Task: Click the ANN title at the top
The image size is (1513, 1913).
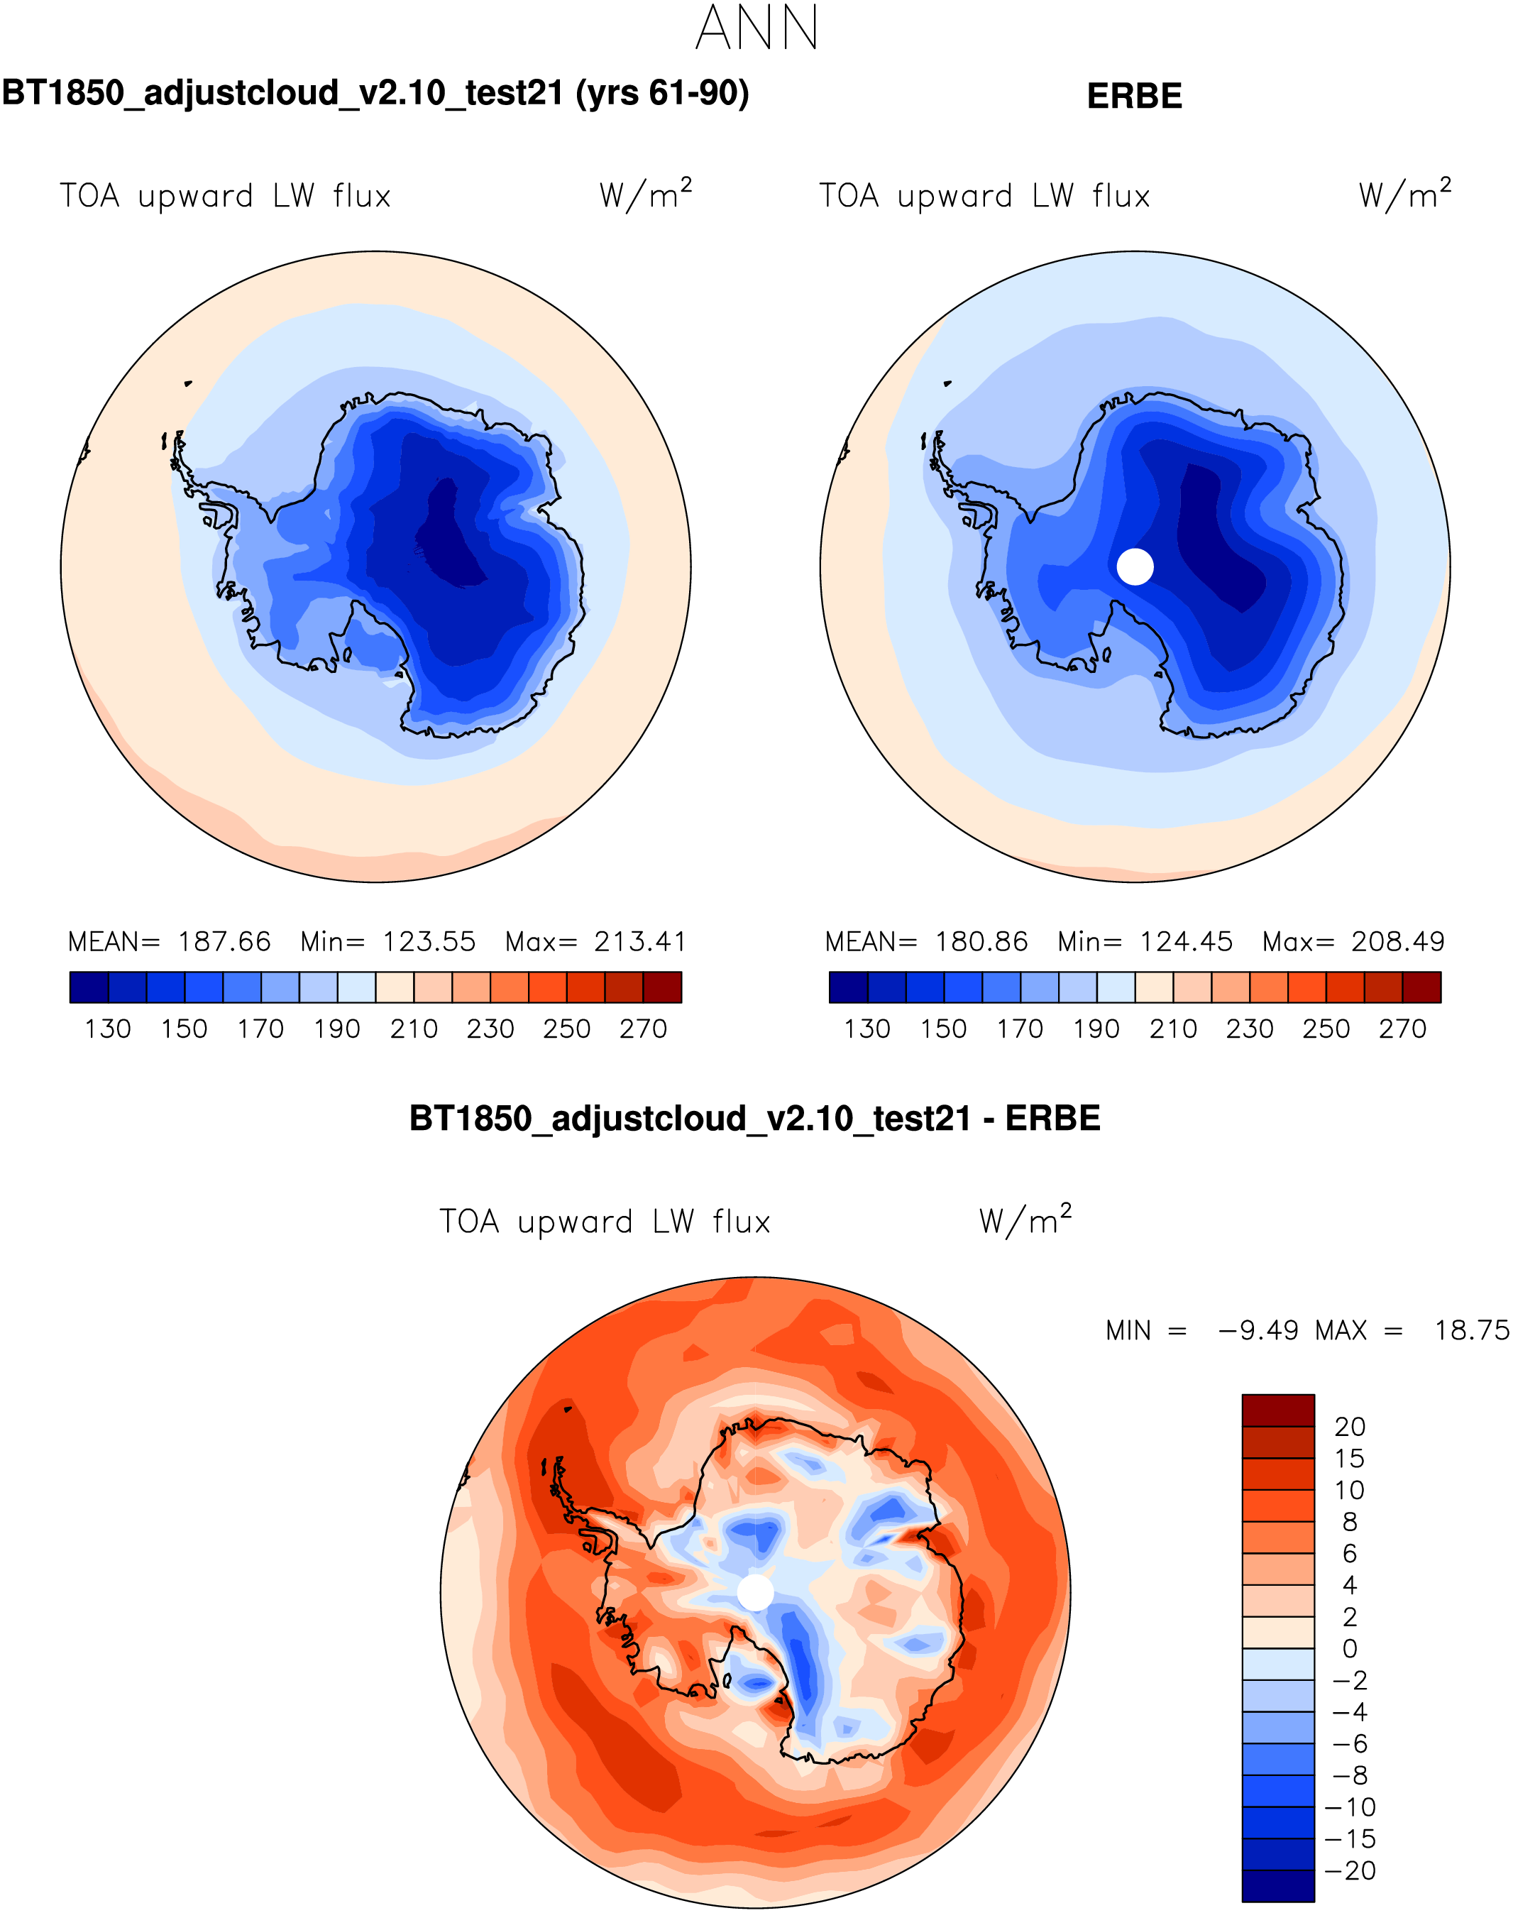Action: tap(756, 28)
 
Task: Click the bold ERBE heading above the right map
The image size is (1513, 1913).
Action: tap(1134, 97)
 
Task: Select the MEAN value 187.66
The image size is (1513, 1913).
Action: tap(224, 941)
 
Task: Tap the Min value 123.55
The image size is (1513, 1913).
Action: tap(429, 941)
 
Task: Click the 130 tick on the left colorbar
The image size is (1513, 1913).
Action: tap(108, 1029)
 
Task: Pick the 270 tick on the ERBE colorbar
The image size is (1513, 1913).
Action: tap(1402, 1029)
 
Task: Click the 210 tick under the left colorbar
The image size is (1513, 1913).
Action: tap(414, 1029)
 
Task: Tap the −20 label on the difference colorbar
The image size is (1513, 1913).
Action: tap(1350, 1870)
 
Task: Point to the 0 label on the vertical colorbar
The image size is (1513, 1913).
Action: tap(1350, 1649)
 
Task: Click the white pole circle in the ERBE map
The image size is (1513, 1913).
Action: tap(1135, 566)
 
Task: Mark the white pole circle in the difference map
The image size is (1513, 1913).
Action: tap(756, 1592)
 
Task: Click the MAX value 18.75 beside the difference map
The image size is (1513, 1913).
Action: tap(1471, 1330)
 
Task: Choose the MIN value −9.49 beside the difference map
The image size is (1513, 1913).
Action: tap(1258, 1330)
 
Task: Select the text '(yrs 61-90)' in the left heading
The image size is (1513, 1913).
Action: tap(663, 93)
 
